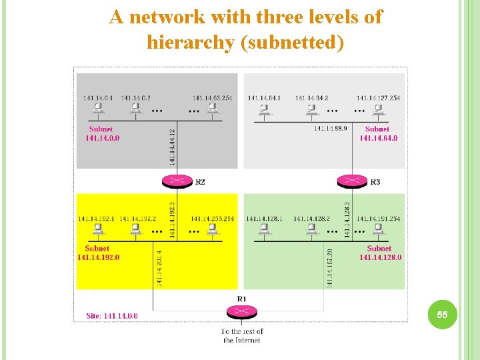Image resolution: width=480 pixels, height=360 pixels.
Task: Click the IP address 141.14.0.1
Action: coord(98,98)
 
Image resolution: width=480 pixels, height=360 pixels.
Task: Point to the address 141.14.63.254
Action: coord(212,98)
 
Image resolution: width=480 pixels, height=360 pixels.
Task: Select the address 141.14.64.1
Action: coord(264,98)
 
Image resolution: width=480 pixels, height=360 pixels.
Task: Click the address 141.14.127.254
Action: coord(378,98)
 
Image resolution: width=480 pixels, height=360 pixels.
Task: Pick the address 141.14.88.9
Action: coord(331,128)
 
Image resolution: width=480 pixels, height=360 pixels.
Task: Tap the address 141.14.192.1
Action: coord(96,218)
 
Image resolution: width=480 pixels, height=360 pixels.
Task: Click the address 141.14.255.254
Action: coord(212,218)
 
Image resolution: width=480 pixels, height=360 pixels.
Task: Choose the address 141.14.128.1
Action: coord(264,218)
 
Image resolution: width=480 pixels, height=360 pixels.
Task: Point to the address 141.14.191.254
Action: coord(378,218)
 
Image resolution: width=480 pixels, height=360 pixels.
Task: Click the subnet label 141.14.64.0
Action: coord(378,138)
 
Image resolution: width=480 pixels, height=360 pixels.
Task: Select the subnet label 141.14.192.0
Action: coord(99,257)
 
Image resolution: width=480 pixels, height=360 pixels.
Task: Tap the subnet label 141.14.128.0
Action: coord(380,257)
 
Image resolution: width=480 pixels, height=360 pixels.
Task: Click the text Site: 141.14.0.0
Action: coord(112,315)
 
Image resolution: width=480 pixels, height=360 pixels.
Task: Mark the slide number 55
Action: coord(441,313)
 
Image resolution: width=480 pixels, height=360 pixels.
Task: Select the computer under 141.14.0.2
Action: coord(136,108)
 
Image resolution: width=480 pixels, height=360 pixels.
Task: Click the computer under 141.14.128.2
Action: coord(311,229)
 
